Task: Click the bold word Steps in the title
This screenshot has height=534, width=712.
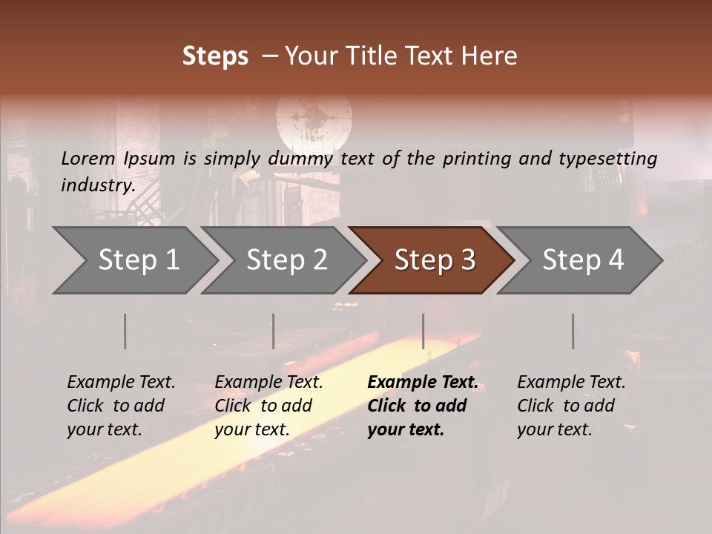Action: (215, 56)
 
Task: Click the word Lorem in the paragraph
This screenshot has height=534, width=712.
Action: (88, 158)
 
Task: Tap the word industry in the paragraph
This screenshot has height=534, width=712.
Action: (98, 185)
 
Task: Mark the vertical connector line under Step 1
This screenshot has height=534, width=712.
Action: (125, 331)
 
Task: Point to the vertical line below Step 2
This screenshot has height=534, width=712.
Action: (274, 331)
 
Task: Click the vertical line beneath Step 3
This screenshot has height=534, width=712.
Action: (423, 331)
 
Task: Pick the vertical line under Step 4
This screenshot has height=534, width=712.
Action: (573, 331)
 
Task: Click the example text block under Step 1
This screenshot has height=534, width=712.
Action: (121, 406)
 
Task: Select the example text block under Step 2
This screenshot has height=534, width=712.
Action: (268, 406)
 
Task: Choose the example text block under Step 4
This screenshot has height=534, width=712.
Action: (571, 406)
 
